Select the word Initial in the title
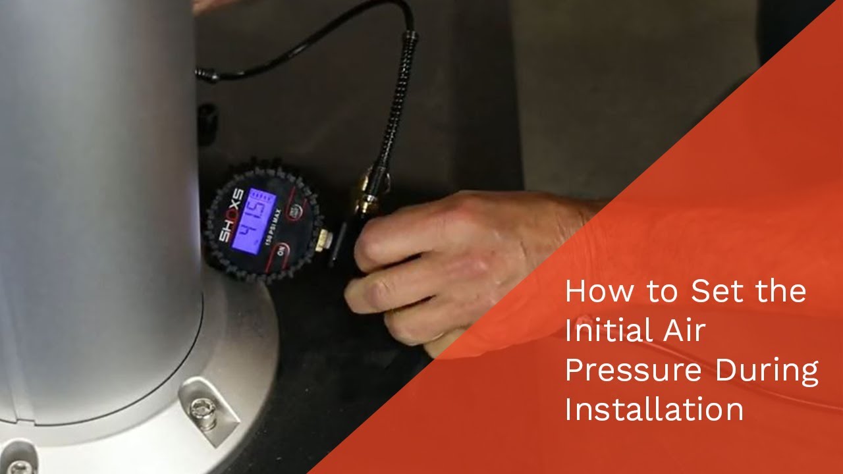[600, 330]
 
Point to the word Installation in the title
[654, 409]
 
